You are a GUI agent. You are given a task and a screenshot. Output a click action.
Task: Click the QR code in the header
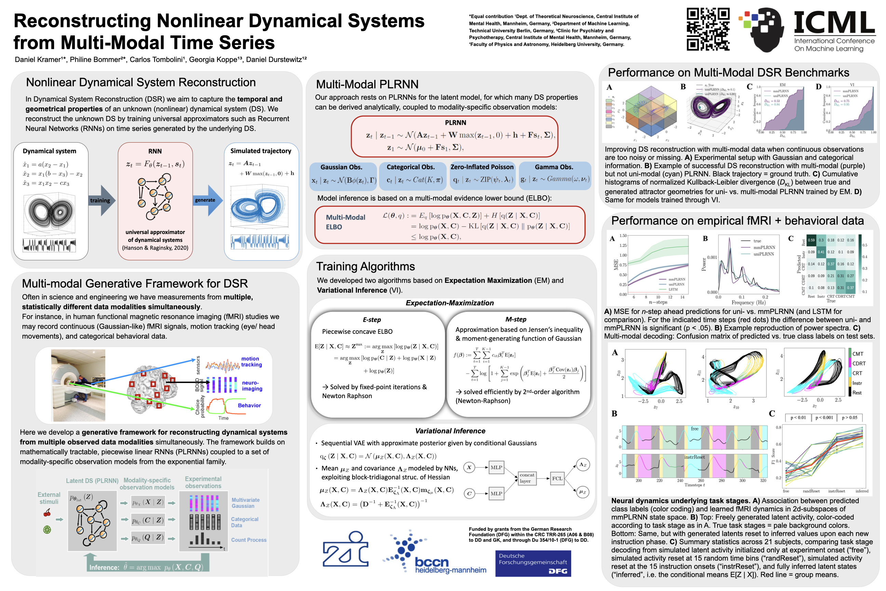tap(708, 29)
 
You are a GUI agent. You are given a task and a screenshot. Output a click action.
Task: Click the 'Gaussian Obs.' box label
tap(341, 167)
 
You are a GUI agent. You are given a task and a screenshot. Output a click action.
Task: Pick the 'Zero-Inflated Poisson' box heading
tap(482, 167)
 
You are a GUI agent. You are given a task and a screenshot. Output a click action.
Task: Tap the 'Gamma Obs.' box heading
tap(554, 167)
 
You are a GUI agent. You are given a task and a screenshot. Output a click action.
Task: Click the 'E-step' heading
tap(372, 320)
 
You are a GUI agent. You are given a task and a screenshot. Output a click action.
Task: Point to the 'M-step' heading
tap(516, 319)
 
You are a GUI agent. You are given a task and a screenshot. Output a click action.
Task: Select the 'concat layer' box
tap(527, 478)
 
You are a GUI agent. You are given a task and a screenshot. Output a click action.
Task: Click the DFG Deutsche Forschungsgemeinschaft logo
tap(533, 564)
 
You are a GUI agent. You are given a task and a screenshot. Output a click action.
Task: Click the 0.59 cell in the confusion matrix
tap(811, 240)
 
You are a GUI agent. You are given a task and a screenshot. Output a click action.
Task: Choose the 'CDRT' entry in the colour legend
tap(859, 363)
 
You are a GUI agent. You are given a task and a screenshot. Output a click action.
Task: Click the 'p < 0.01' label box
tap(798, 418)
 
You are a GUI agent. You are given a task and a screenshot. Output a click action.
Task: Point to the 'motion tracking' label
tap(251, 362)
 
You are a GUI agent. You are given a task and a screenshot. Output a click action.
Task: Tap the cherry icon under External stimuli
tap(47, 513)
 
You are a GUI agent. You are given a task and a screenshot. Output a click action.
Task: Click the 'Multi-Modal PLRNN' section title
tap(367, 84)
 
